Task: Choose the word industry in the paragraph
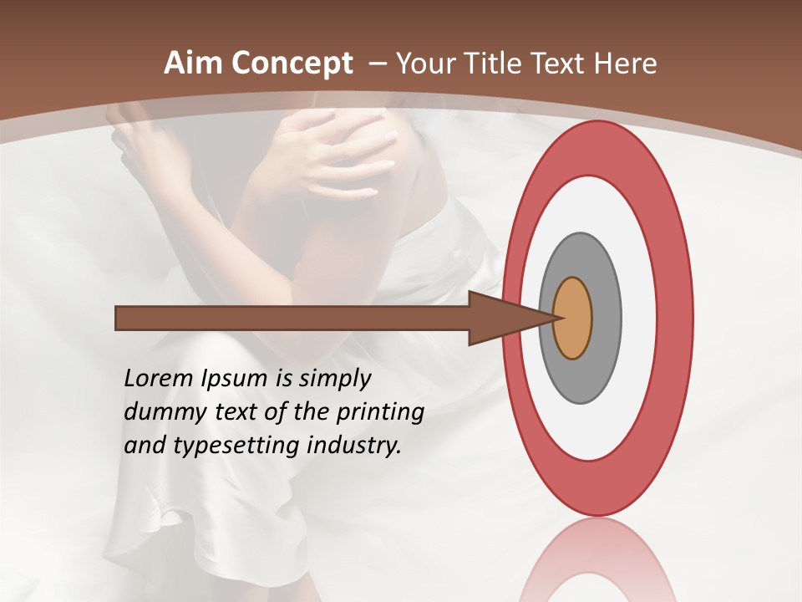tap(354, 445)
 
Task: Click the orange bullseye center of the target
tap(573, 319)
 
